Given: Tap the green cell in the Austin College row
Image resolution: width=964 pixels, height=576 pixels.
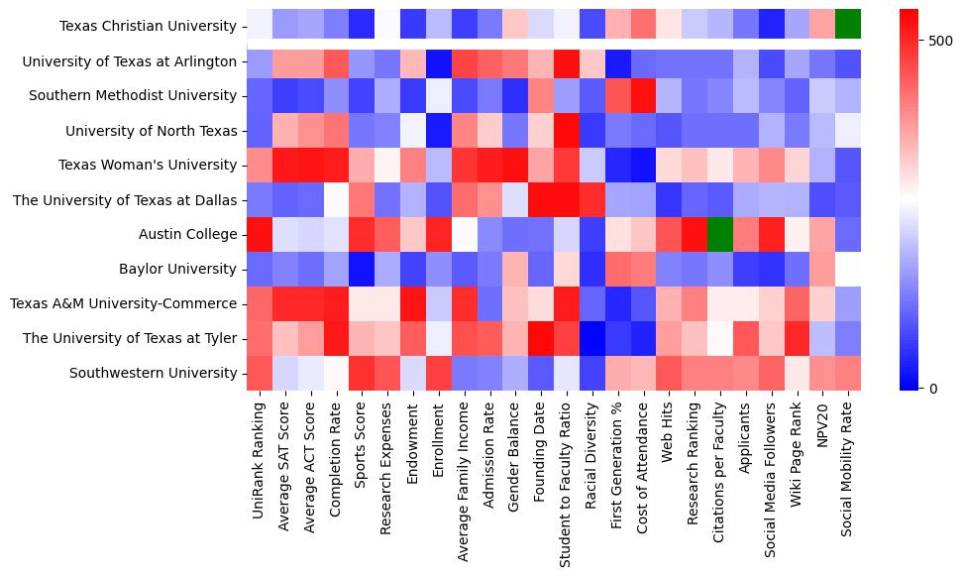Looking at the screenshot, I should pos(720,235).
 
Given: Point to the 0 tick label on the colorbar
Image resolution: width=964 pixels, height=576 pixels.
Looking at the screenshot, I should pos(933,388).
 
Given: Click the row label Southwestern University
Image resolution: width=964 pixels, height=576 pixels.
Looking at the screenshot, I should pos(155,373).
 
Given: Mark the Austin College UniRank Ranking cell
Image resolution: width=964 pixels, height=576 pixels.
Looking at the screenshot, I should pos(260,235).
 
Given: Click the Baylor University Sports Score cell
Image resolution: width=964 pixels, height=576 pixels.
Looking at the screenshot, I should pos(362,269).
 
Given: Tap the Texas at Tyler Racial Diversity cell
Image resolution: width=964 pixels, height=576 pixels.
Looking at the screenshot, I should pos(592,338).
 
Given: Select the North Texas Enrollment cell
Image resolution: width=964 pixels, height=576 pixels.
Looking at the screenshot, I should pos(439,130).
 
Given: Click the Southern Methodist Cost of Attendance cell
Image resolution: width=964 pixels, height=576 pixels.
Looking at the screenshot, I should pos(644,95).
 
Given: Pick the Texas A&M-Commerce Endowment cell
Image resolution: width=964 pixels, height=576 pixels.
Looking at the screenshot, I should pos(413,303).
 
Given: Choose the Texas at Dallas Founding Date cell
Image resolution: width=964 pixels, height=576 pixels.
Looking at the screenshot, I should pos(540,199).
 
